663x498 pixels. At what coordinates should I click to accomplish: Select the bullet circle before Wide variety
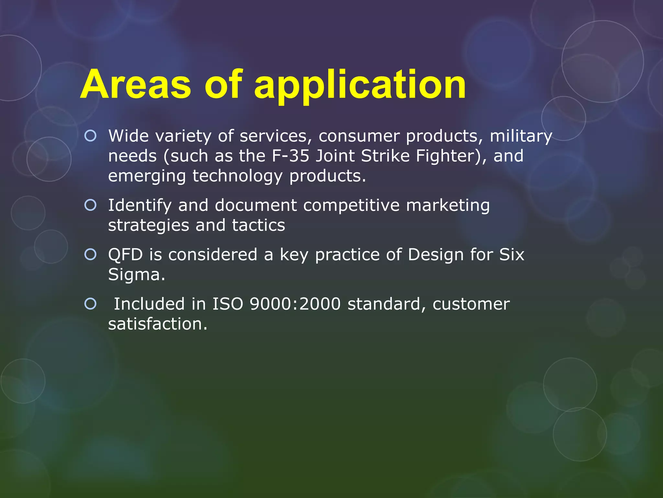point(90,136)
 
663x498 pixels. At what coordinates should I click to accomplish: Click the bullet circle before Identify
point(90,205)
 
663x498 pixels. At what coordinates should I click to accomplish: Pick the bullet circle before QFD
point(90,255)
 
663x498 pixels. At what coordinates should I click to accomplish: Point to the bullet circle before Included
point(90,304)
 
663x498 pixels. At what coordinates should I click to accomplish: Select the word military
point(521,136)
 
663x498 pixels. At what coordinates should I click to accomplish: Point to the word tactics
point(258,225)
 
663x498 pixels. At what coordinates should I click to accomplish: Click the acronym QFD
point(125,255)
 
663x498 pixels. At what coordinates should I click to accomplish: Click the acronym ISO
point(228,304)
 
